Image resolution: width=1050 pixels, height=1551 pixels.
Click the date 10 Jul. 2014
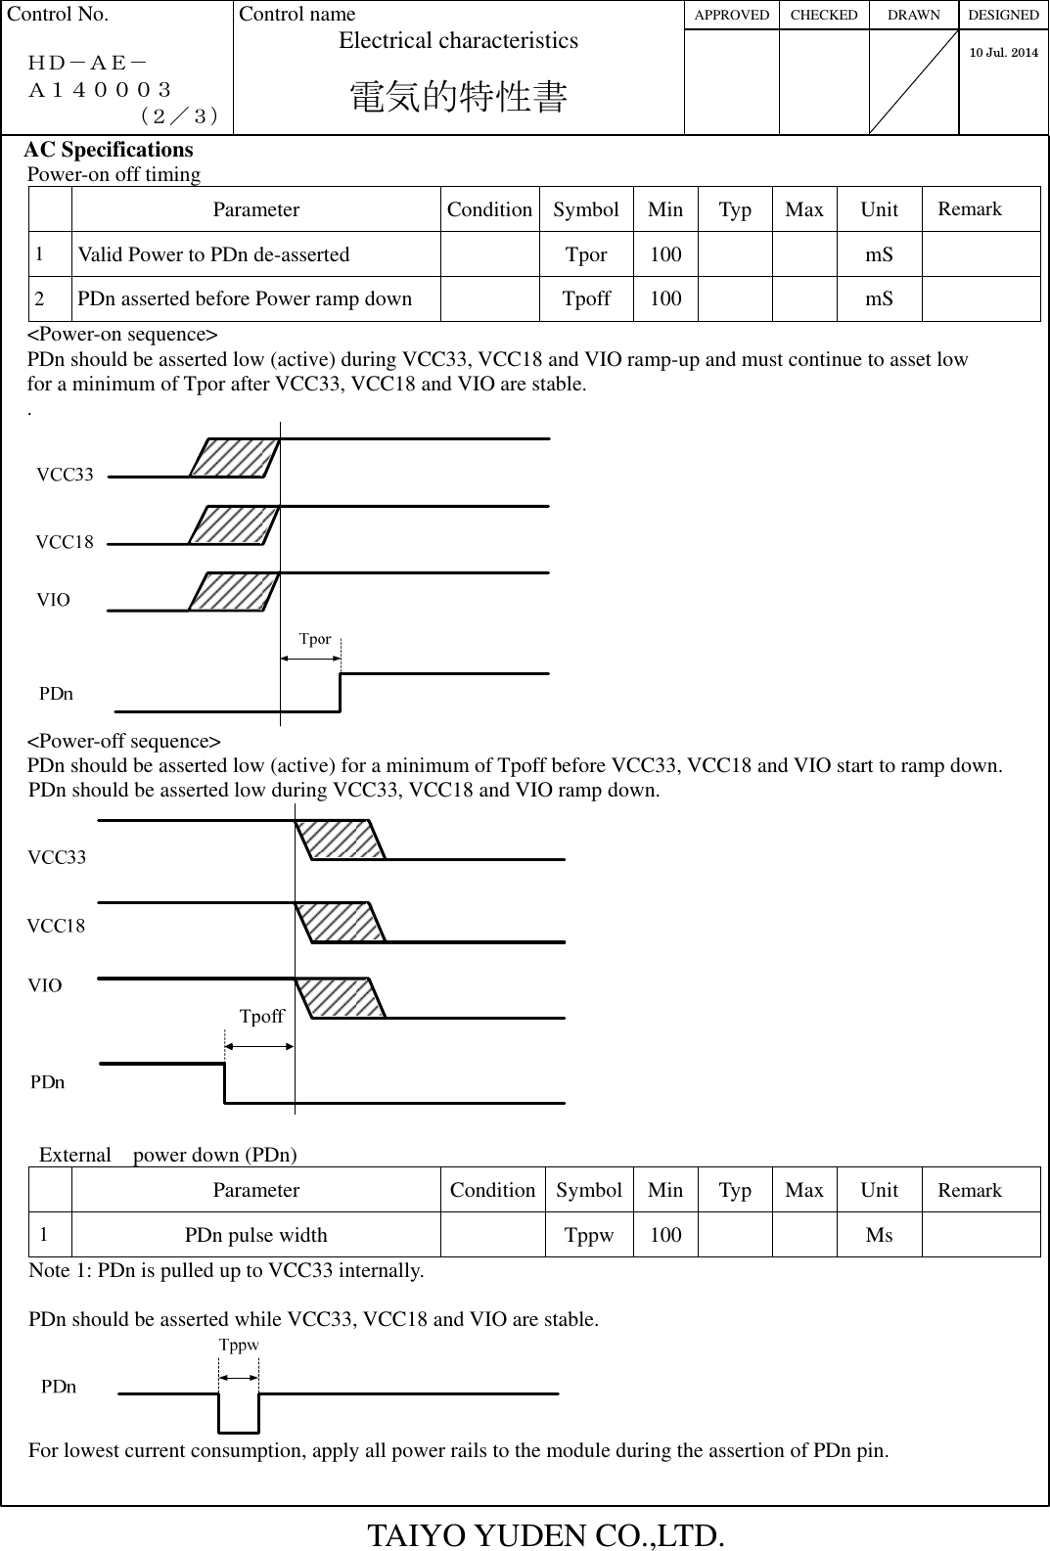(x=1003, y=52)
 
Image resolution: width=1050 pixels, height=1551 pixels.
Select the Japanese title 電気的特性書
(x=458, y=98)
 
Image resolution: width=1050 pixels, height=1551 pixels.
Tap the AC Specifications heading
(x=109, y=150)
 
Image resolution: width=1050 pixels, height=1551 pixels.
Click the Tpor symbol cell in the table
(x=586, y=254)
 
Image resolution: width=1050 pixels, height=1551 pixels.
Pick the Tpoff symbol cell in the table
(x=586, y=298)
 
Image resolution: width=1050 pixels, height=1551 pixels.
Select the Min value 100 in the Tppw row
(x=665, y=1235)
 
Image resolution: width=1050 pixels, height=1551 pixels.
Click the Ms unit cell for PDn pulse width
(x=879, y=1235)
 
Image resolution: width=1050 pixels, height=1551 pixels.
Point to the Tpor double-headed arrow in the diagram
(x=310, y=659)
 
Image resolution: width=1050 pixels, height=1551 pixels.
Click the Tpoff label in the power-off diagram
(x=261, y=1017)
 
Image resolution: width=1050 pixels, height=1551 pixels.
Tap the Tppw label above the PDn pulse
(x=239, y=1346)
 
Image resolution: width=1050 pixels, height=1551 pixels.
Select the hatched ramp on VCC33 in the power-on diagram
(x=235, y=458)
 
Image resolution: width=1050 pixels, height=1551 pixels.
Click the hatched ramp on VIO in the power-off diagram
(x=341, y=998)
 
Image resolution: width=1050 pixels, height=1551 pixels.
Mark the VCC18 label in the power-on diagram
(x=65, y=542)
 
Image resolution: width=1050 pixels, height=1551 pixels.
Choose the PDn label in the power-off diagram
(x=48, y=1082)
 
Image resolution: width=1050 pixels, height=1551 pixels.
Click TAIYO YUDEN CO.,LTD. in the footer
(x=546, y=1534)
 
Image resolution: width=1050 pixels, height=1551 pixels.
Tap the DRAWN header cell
(x=913, y=15)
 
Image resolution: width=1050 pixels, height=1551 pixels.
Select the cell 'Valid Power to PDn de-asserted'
(x=213, y=254)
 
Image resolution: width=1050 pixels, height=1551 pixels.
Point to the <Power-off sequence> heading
(x=123, y=741)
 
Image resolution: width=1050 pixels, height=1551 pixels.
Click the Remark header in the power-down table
(x=969, y=1190)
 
